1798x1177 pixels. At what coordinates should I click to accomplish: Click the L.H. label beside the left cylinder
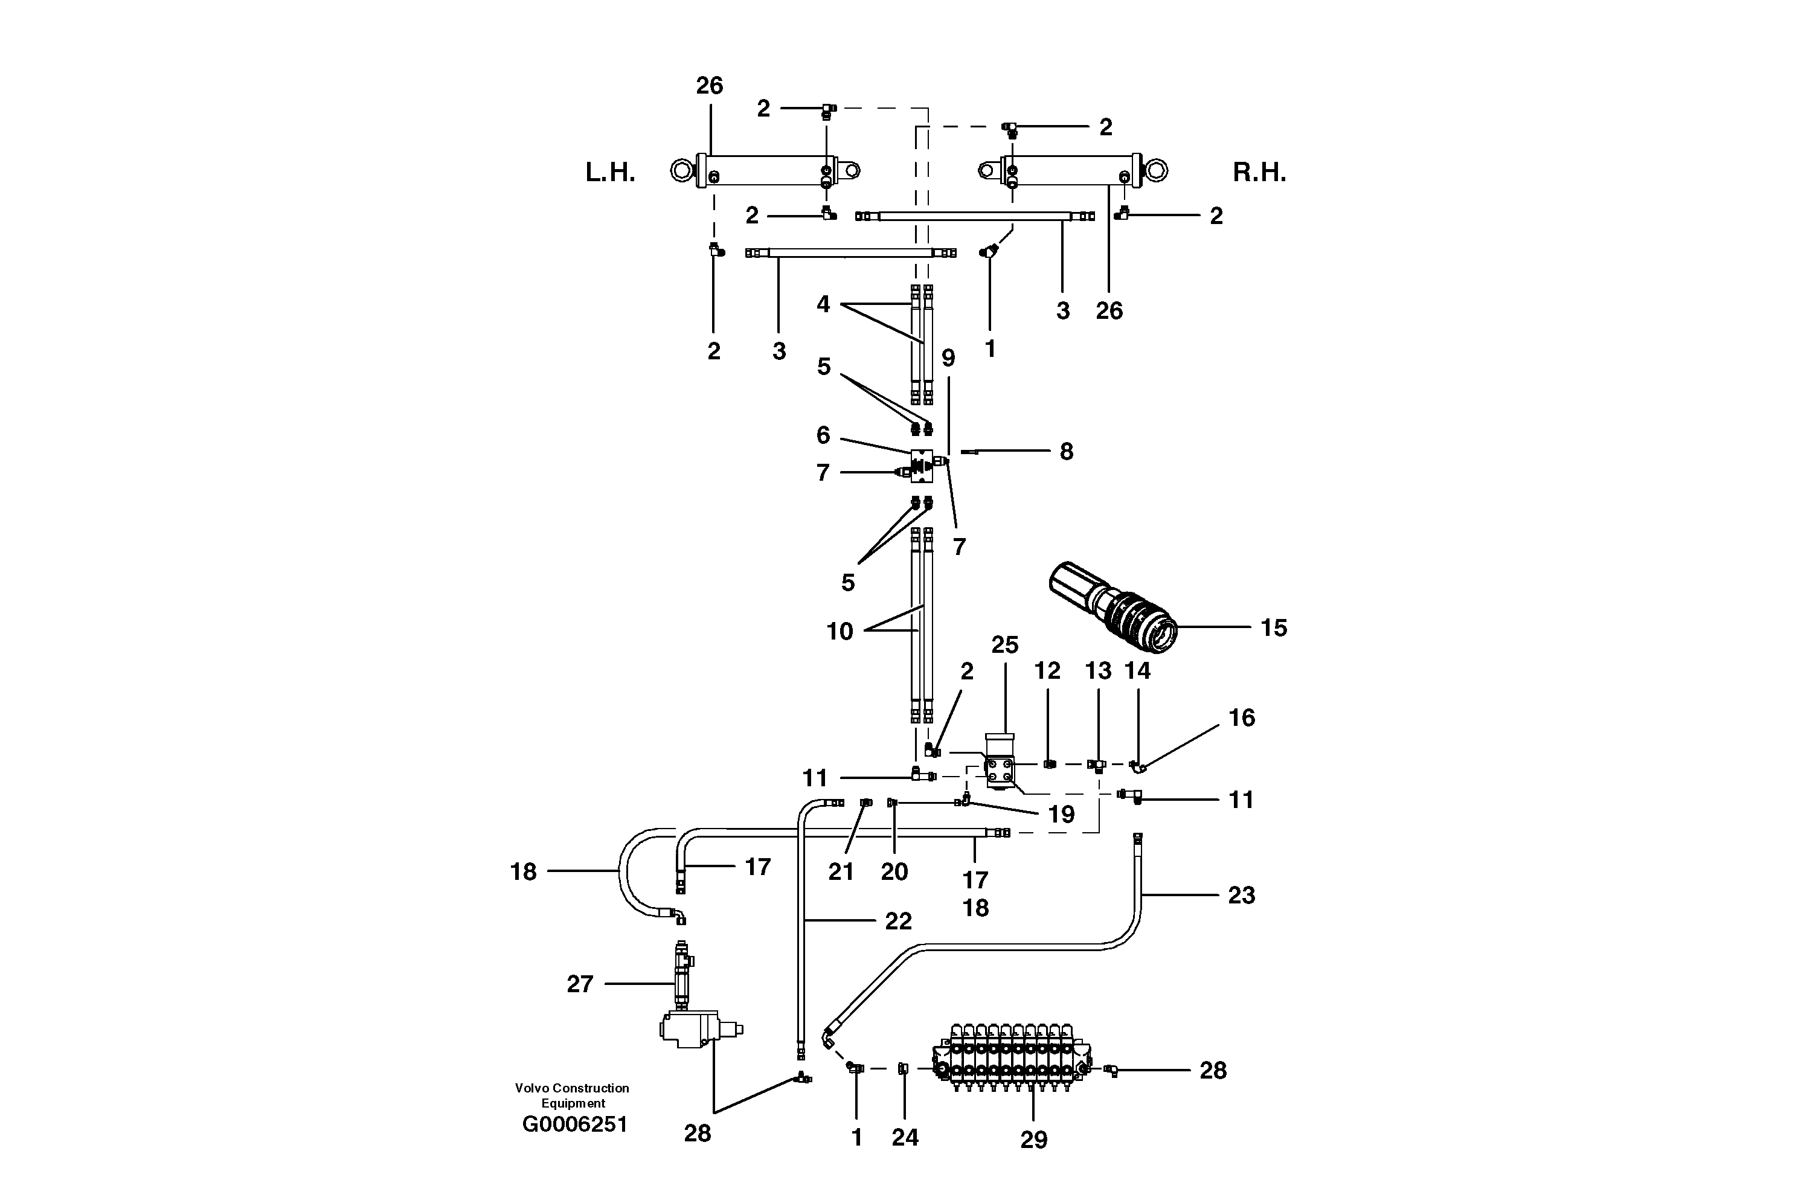coord(609,173)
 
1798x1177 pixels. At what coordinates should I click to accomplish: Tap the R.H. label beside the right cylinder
coord(1259,173)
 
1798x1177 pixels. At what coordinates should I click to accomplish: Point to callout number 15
coord(1273,628)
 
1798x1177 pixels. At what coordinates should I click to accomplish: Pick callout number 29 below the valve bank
coord(1033,1139)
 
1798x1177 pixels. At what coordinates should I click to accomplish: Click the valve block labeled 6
coord(922,466)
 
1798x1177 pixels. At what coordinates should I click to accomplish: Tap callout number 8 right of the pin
coord(1065,452)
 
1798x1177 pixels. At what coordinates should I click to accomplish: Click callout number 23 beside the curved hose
coord(1241,895)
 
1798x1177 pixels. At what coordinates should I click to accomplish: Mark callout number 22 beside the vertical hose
coord(898,921)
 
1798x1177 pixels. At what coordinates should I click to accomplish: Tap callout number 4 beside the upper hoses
coord(823,304)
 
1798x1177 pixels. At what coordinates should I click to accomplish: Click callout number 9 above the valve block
coord(948,358)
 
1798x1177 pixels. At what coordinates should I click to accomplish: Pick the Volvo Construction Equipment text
coord(572,1095)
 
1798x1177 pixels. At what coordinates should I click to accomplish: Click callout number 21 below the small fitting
coord(840,872)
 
